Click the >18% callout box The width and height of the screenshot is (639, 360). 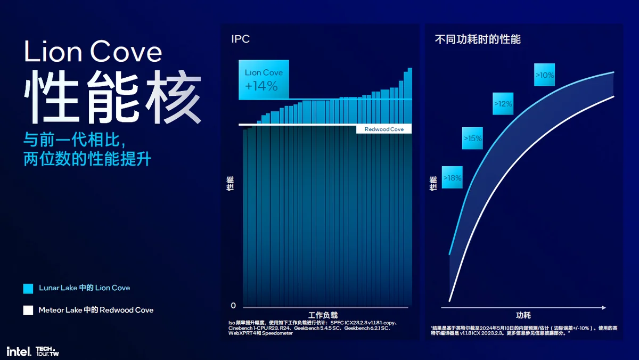click(x=452, y=178)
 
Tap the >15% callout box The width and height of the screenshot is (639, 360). click(x=472, y=138)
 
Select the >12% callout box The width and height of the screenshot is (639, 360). click(x=503, y=104)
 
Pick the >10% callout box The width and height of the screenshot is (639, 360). click(x=545, y=76)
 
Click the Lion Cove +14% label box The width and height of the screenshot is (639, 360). click(x=264, y=80)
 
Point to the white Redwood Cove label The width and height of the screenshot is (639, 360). click(x=384, y=129)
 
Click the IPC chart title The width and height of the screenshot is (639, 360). click(x=240, y=39)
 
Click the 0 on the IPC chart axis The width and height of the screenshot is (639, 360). click(x=233, y=306)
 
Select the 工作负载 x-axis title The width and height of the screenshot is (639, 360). click(x=323, y=315)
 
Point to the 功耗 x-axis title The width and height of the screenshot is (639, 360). click(x=523, y=315)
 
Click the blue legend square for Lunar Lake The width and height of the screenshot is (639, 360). click(x=28, y=288)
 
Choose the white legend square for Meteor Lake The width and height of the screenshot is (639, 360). click(x=28, y=310)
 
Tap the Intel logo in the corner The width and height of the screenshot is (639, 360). click(x=18, y=351)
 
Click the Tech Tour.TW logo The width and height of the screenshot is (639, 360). click(x=47, y=351)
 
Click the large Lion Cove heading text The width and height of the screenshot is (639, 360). click(x=93, y=52)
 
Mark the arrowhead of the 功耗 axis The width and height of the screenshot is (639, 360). click(x=603, y=308)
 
